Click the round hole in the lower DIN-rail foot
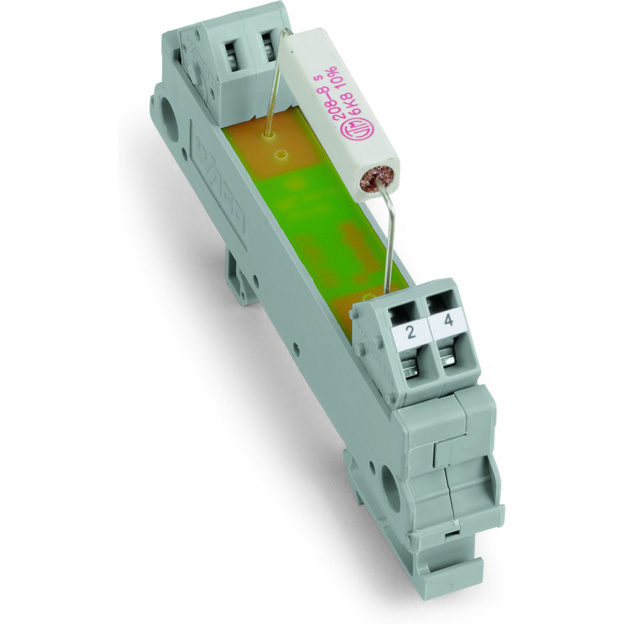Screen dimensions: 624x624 point(391,484)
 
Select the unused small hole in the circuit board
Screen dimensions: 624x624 point(283,152)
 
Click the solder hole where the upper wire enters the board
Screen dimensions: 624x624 point(268,132)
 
